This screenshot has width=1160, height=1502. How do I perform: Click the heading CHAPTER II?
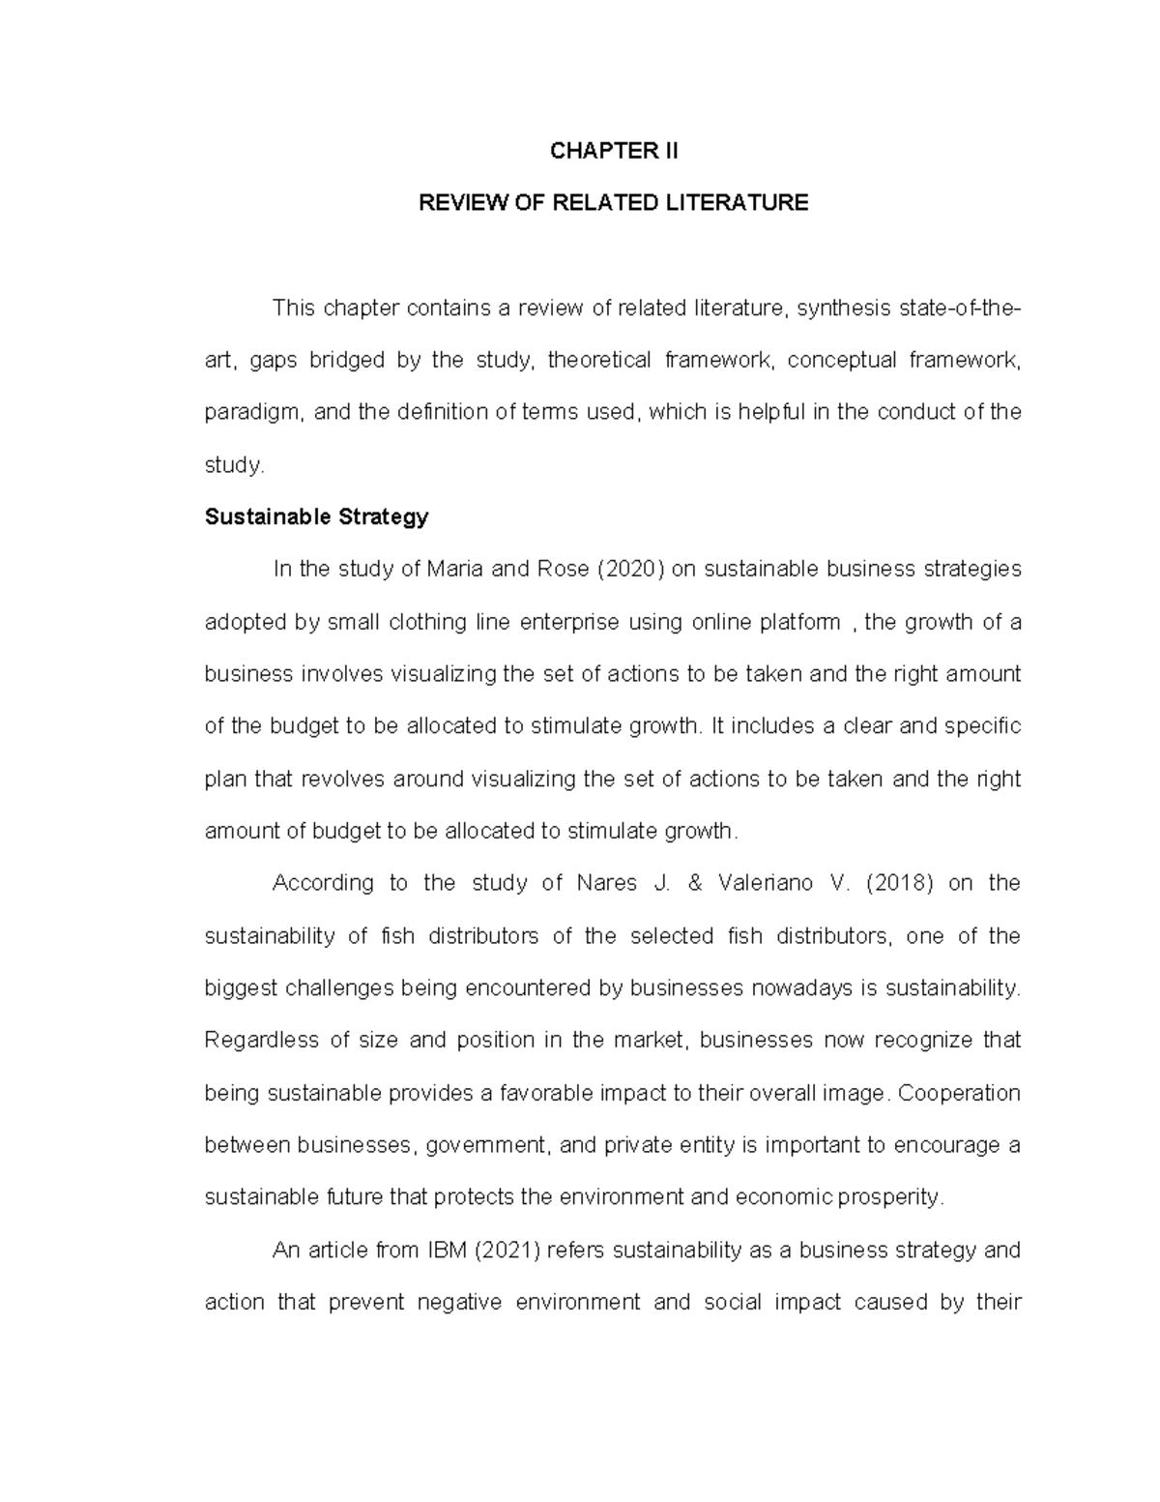[613, 151]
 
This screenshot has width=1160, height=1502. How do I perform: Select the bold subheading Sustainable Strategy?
[316, 516]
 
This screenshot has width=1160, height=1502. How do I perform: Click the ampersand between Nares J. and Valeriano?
[688, 883]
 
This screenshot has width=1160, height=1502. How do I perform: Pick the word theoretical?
[599, 361]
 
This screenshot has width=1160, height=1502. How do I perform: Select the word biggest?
[241, 988]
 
